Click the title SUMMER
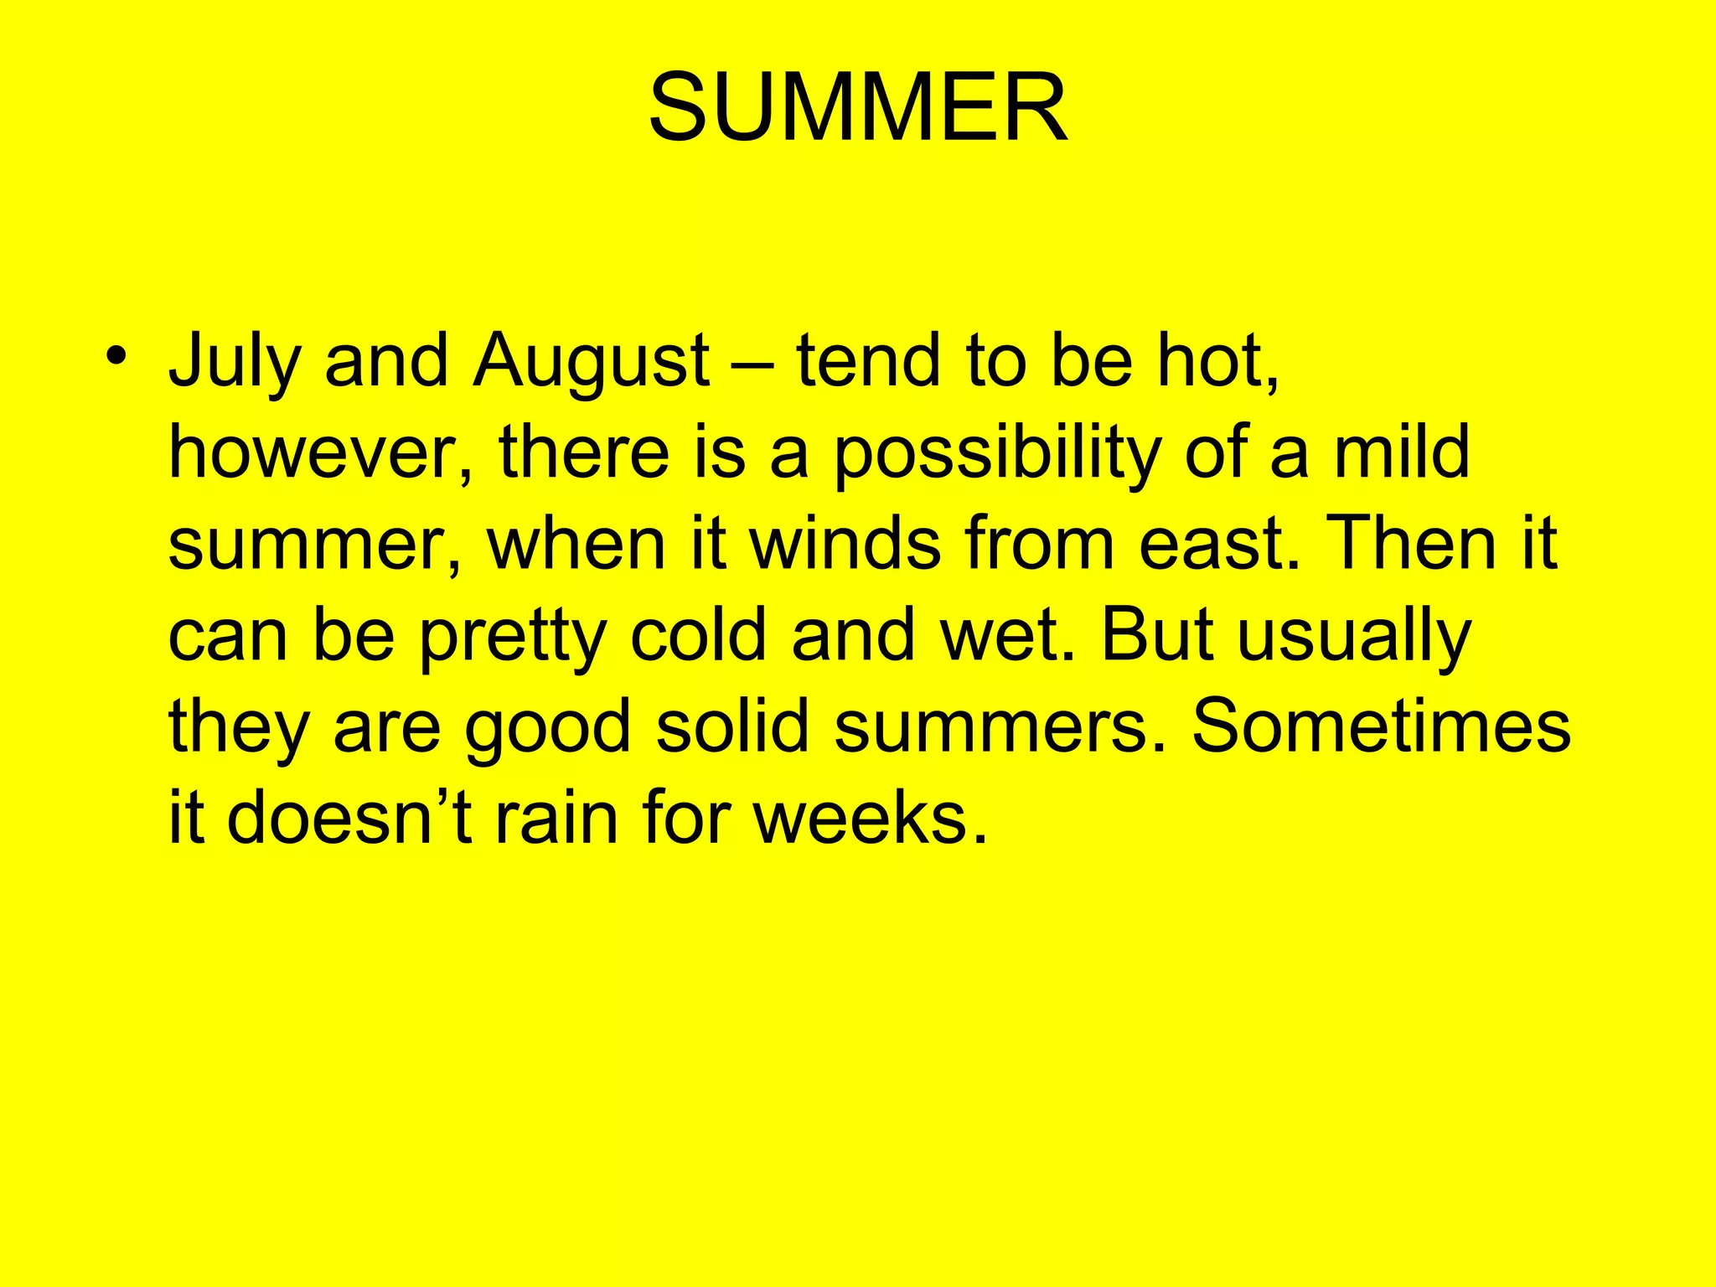[x=858, y=107]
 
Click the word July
[x=235, y=362]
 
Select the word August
[x=592, y=362]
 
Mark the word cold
[x=698, y=635]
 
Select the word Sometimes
[x=1381, y=726]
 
